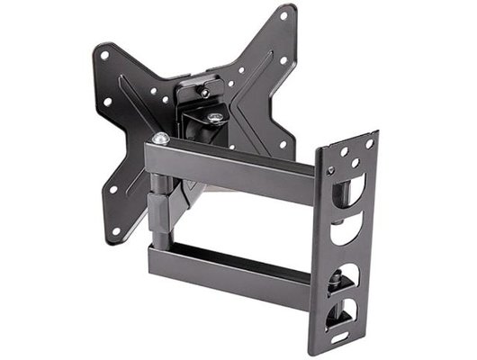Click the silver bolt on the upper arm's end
[160, 139]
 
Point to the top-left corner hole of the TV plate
[104, 55]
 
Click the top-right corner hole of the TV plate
[284, 16]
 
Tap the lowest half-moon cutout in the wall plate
[346, 314]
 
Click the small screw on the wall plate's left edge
[329, 170]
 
